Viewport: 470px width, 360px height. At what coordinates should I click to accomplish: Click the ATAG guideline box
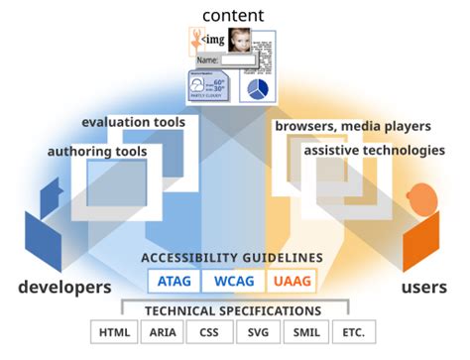point(173,282)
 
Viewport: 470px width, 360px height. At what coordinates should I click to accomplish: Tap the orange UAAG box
point(291,282)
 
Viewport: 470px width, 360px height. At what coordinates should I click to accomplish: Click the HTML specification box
point(112,332)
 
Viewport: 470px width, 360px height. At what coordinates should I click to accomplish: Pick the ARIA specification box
point(163,332)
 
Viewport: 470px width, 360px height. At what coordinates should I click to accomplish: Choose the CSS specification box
point(209,332)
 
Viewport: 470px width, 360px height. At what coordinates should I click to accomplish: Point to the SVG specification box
point(258,332)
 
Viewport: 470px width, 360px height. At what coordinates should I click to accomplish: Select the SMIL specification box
point(305,332)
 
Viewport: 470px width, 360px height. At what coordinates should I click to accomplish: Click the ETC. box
point(354,332)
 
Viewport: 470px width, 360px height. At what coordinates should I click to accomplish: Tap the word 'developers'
point(64,287)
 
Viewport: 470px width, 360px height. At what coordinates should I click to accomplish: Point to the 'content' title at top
point(232,14)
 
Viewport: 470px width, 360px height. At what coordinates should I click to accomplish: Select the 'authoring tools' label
point(97,151)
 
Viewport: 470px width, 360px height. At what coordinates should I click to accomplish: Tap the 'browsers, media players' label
point(352,126)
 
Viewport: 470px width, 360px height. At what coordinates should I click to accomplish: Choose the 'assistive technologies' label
point(374,151)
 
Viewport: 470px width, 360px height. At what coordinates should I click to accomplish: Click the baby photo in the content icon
point(240,41)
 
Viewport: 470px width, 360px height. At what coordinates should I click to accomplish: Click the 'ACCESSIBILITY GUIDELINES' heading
point(232,258)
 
